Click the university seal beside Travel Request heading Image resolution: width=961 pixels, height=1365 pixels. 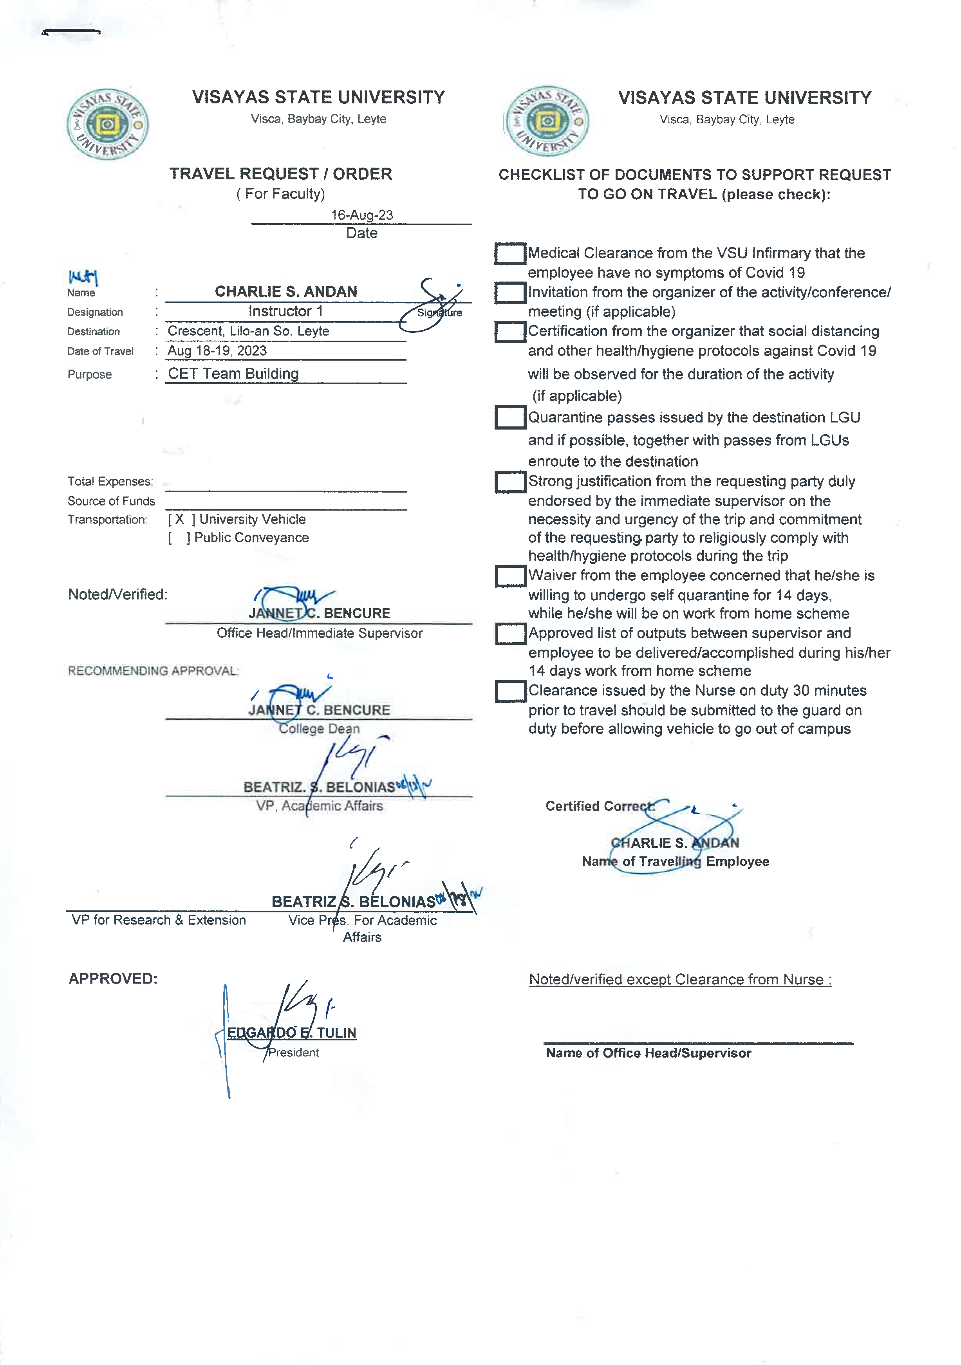tap(108, 124)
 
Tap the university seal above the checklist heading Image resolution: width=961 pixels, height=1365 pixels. tap(547, 121)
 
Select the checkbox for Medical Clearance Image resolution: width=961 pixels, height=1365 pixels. tap(509, 253)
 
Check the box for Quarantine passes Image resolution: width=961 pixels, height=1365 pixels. tap(509, 417)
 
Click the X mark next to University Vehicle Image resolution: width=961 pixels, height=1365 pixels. tap(180, 519)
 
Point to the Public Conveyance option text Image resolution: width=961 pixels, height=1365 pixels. tap(251, 538)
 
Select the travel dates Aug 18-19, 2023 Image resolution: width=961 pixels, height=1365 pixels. tap(217, 351)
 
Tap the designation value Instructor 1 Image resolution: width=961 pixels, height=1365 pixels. tap(285, 311)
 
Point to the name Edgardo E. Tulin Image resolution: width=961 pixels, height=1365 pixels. tap(291, 1033)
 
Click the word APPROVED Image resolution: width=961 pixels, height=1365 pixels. tap(113, 979)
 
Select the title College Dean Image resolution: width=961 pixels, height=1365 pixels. tap(319, 728)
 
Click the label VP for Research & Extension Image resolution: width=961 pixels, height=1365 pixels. tap(158, 920)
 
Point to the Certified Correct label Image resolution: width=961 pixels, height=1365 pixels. tap(600, 806)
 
